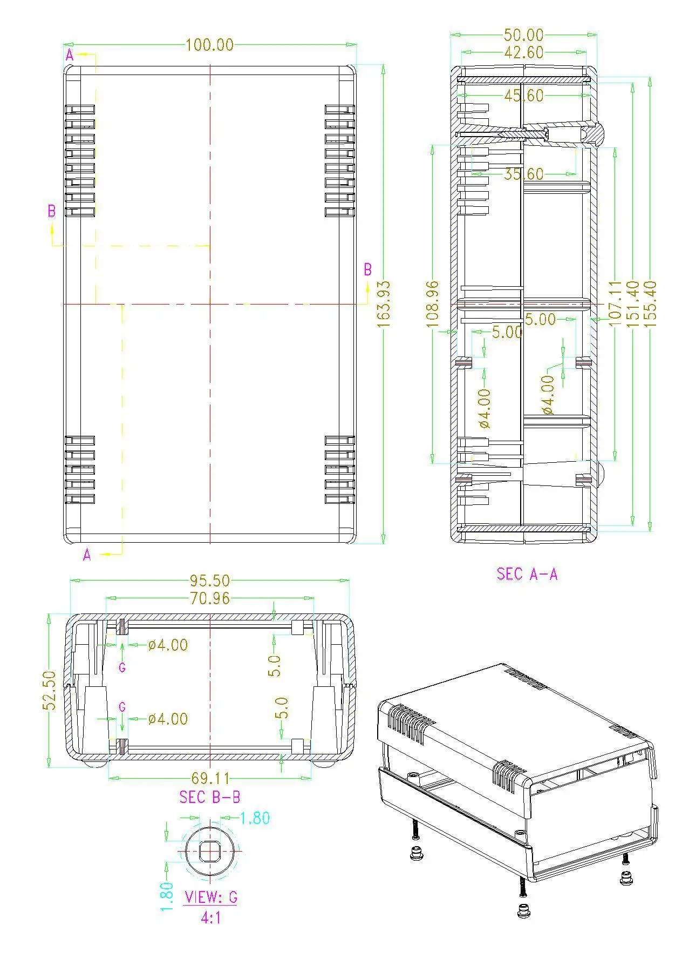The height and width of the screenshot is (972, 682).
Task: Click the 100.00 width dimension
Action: tap(209, 45)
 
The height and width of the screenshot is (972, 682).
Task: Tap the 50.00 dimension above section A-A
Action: tap(523, 35)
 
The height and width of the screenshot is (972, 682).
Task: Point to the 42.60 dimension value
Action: tap(523, 53)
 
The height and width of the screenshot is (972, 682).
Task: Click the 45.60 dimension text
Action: tap(523, 96)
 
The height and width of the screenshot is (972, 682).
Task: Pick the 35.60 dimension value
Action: tap(523, 174)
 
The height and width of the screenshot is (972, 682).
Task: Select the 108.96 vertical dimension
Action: tap(433, 303)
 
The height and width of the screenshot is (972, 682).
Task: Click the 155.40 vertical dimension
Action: tap(650, 303)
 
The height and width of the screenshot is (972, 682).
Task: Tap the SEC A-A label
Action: tap(527, 573)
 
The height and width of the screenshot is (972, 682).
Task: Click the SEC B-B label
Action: tap(209, 796)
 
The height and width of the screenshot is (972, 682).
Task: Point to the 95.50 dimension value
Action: tap(209, 580)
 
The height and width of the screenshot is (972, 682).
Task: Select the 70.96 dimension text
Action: tap(209, 598)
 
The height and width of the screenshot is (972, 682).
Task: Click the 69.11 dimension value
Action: tap(210, 778)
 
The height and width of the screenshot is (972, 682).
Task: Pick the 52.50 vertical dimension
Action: tap(49, 690)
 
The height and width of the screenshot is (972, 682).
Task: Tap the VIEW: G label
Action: tap(210, 897)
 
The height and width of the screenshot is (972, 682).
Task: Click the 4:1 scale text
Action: tap(210, 917)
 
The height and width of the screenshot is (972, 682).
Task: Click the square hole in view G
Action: tap(209, 851)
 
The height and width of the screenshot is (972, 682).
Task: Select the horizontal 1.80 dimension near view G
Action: tap(254, 818)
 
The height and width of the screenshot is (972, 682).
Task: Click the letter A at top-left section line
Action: tap(70, 55)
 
